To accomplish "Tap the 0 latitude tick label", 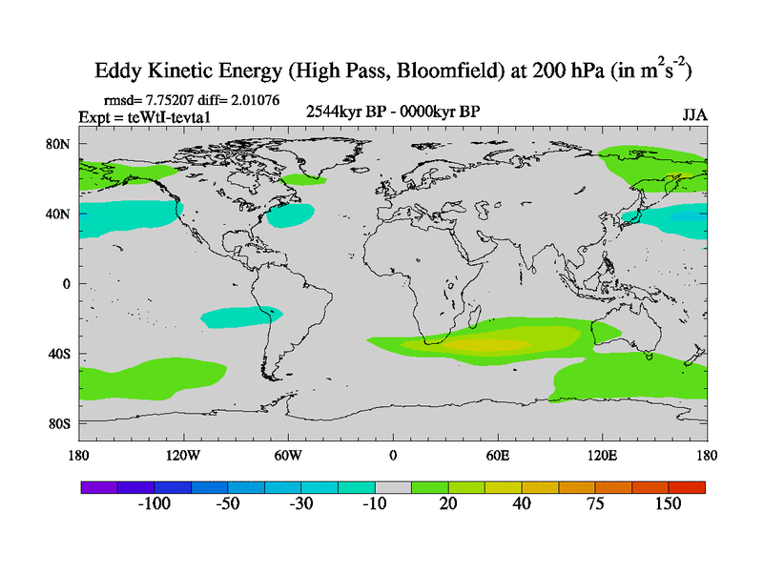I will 67,284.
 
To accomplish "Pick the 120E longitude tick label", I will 603,455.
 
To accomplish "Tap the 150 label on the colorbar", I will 668,503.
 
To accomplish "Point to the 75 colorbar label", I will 595,503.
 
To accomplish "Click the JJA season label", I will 693,115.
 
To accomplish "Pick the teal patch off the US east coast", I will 290,215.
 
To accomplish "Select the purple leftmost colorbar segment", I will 98,486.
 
